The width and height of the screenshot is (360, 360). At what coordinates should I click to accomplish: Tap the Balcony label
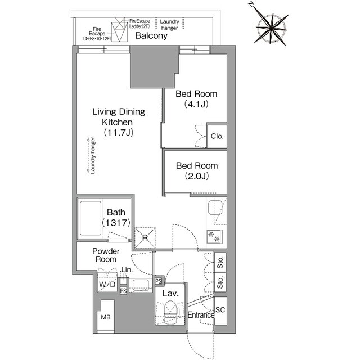[151, 36]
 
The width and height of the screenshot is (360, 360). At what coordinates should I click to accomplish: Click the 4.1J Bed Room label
[196, 98]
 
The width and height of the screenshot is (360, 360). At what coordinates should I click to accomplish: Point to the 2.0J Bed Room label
[196, 170]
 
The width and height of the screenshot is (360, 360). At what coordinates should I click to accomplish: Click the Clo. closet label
[217, 136]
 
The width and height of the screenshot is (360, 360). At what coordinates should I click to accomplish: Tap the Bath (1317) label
[116, 218]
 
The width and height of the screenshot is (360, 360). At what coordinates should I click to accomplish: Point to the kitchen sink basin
[215, 209]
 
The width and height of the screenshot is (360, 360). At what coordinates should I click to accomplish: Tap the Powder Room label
[105, 256]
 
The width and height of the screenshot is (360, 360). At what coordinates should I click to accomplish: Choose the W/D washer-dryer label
[107, 285]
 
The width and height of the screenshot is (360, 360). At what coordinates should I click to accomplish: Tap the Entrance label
[201, 315]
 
